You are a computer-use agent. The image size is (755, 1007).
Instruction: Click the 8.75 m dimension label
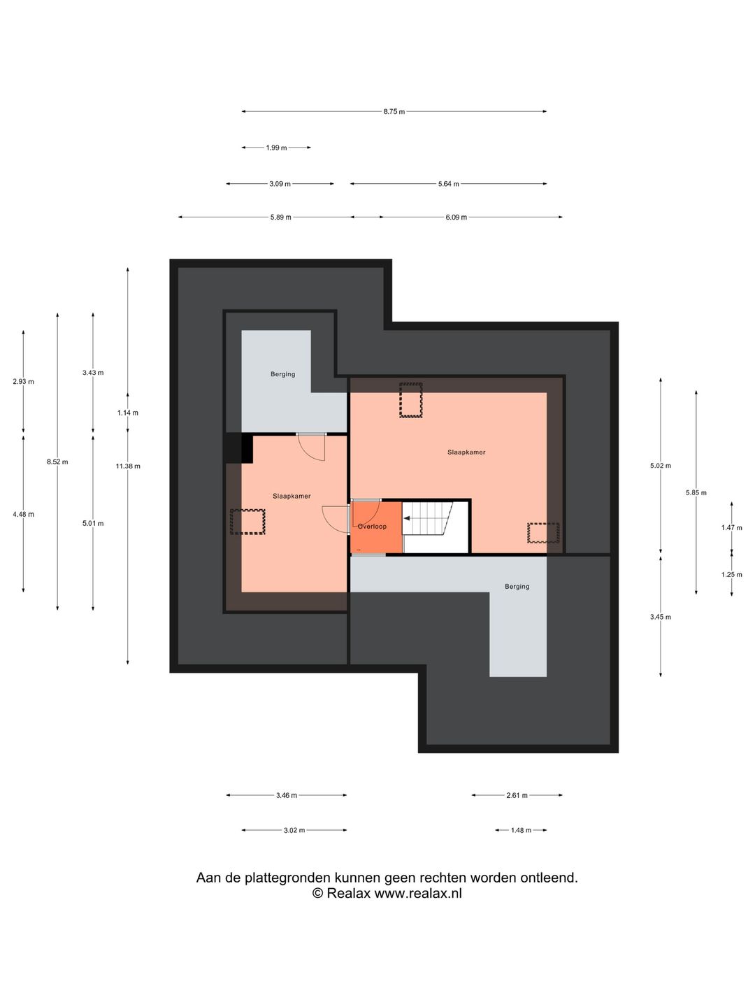(x=394, y=111)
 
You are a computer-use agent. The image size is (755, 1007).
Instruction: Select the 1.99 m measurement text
(x=276, y=148)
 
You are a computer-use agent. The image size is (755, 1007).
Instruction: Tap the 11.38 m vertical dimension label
(x=128, y=466)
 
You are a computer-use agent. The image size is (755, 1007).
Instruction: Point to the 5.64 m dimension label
(x=448, y=184)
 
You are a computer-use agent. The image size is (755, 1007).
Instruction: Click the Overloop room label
(x=372, y=526)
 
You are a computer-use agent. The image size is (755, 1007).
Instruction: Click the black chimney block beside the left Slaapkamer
(x=238, y=448)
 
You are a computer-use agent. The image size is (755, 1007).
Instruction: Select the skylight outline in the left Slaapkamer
(x=247, y=522)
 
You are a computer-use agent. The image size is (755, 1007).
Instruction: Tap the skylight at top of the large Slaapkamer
(x=411, y=400)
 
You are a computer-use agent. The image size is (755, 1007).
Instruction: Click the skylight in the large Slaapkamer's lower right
(x=543, y=533)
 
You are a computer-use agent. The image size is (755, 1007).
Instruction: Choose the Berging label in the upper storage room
(x=283, y=374)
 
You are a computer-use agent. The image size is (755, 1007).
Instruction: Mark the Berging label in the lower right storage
(x=517, y=586)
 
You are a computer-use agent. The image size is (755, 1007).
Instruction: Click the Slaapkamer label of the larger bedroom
(x=466, y=452)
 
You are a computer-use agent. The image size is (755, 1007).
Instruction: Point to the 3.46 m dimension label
(x=287, y=796)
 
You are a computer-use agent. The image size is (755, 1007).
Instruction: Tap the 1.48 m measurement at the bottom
(x=521, y=830)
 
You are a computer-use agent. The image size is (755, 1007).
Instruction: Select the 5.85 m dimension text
(x=696, y=493)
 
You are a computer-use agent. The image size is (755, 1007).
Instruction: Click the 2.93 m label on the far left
(x=23, y=381)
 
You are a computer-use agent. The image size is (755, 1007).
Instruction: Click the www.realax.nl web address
(x=418, y=893)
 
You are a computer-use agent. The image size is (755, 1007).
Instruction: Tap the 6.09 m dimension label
(x=456, y=217)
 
